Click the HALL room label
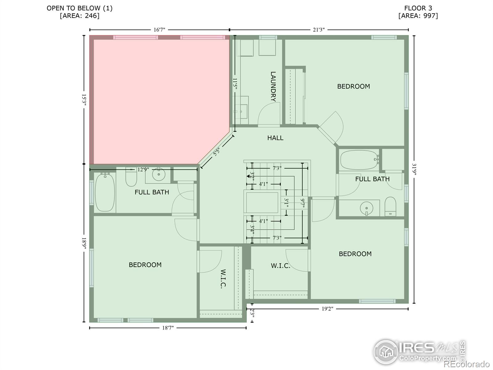(x=275, y=138)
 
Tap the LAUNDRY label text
(x=273, y=87)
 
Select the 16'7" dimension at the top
(x=159, y=30)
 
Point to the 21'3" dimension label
(x=319, y=30)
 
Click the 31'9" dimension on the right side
(x=414, y=170)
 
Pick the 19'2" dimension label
(x=327, y=309)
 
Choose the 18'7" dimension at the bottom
(x=168, y=328)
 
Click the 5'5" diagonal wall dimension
(x=217, y=152)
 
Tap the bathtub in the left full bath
(x=105, y=192)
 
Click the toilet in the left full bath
(x=131, y=177)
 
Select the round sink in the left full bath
(x=159, y=174)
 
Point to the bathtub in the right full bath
(x=359, y=160)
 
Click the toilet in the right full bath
(x=390, y=207)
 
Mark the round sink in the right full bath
(x=367, y=208)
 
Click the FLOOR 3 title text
(x=418, y=8)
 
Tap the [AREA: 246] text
(x=79, y=16)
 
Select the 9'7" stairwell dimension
(x=302, y=203)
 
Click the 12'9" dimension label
(x=143, y=169)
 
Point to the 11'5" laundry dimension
(x=235, y=84)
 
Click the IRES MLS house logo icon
(x=386, y=352)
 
